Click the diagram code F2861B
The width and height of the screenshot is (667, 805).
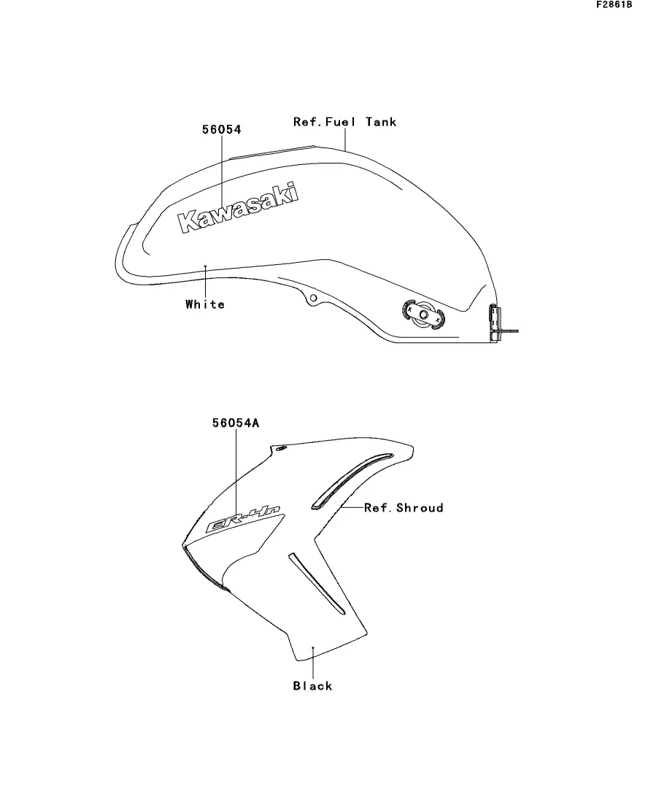pyautogui.click(x=614, y=4)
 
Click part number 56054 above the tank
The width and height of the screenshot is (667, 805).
pyautogui.click(x=221, y=129)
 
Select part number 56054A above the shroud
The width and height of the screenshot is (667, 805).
pyautogui.click(x=236, y=423)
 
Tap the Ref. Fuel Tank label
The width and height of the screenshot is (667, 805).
pyautogui.click(x=344, y=122)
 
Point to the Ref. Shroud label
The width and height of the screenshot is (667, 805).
pyautogui.click(x=404, y=508)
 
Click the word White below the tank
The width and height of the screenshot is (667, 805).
pyautogui.click(x=205, y=304)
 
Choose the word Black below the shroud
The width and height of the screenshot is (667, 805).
pyautogui.click(x=313, y=686)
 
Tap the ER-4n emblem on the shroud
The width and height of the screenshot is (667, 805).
pyautogui.click(x=244, y=519)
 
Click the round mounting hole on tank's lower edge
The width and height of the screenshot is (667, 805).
pyautogui.click(x=313, y=298)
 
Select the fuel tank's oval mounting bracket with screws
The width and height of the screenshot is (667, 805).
pyautogui.click(x=423, y=315)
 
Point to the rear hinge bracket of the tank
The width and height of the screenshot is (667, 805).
pyautogui.click(x=496, y=323)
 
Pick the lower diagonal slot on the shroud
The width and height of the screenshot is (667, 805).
pyautogui.click(x=316, y=583)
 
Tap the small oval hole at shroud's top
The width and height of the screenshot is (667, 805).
pyautogui.click(x=281, y=449)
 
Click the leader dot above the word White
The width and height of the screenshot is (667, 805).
pyautogui.click(x=205, y=266)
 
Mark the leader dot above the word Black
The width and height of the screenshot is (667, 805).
pyautogui.click(x=313, y=648)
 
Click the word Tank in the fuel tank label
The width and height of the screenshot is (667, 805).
pyautogui.click(x=381, y=122)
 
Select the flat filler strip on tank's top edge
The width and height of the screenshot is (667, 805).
pyautogui.click(x=272, y=152)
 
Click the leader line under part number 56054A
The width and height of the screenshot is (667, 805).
pyautogui.click(x=236, y=469)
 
